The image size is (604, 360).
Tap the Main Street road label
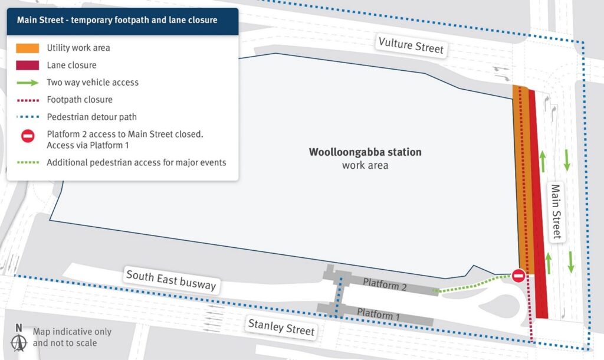click(x=556, y=212)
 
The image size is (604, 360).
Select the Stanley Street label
click(x=281, y=326)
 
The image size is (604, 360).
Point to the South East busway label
click(x=171, y=280)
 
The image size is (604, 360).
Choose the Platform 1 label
click(x=378, y=313)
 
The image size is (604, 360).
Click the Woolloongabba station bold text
click(x=365, y=152)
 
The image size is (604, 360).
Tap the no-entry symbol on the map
click(x=518, y=276)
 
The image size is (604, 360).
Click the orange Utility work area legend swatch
click(x=28, y=48)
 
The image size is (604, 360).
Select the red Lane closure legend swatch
click(x=28, y=65)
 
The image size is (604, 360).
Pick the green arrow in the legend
click(x=28, y=83)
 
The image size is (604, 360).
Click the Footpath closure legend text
click(x=80, y=100)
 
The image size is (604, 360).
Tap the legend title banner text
click(x=117, y=20)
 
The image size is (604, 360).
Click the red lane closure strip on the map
click(x=538, y=201)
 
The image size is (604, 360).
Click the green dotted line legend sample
click(x=28, y=162)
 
